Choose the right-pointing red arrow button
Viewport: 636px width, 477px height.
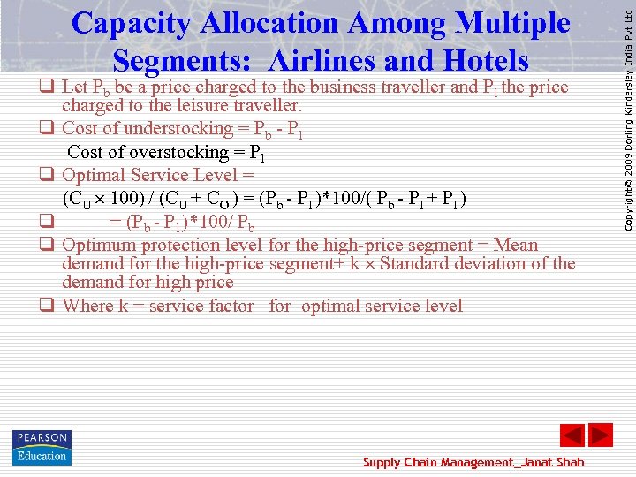click(x=601, y=435)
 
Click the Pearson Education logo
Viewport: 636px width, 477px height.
click(x=42, y=447)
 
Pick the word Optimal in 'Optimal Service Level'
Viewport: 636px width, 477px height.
click(x=95, y=175)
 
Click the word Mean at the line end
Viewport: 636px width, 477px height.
click(x=516, y=245)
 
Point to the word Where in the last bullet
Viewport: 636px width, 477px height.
click(x=88, y=306)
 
